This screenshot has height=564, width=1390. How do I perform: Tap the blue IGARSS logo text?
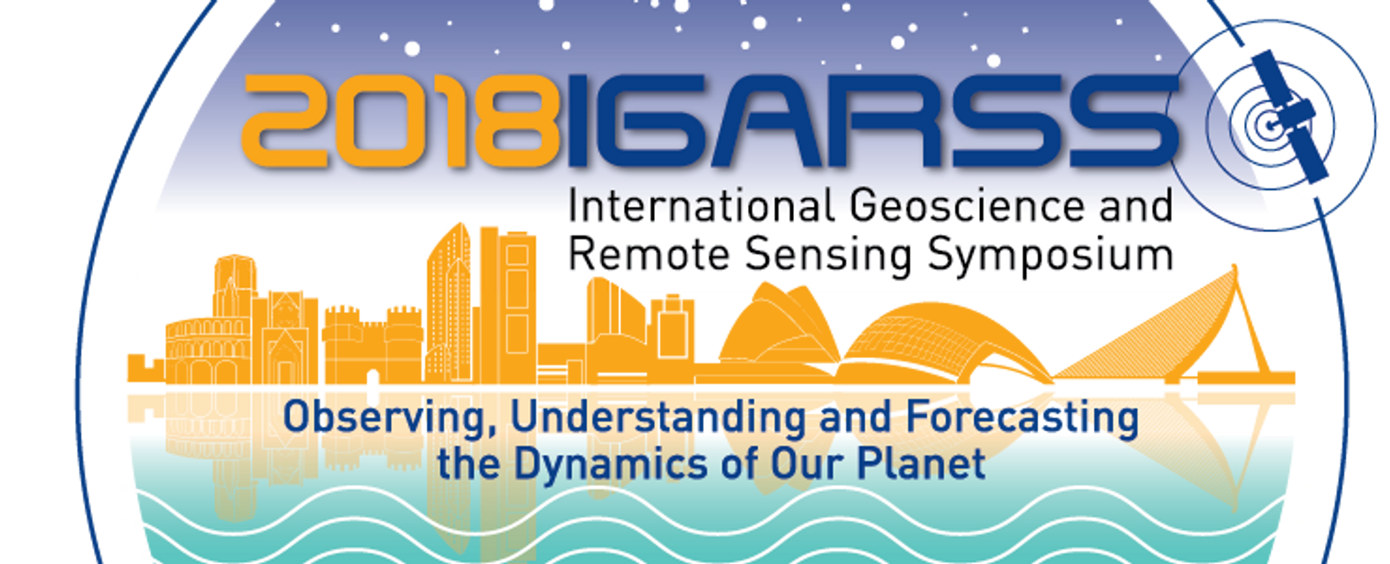click(873, 121)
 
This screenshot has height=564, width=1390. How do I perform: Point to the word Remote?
click(649, 255)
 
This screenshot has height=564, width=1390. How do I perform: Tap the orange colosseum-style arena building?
click(208, 350)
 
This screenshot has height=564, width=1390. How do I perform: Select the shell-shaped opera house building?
click(778, 328)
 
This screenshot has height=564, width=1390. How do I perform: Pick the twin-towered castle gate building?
click(373, 345)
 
